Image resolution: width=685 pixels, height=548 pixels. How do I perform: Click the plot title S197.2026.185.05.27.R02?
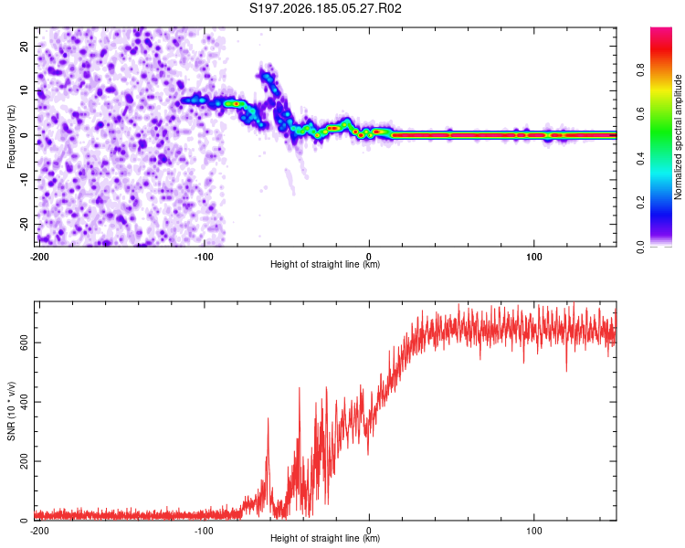(325, 8)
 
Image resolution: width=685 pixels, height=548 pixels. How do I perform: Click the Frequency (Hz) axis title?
(11, 137)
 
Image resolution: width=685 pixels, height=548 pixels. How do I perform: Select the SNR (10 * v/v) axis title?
(11, 411)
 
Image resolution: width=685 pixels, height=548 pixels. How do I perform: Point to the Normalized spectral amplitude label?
(678, 137)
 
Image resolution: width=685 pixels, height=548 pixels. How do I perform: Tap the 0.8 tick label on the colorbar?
(640, 70)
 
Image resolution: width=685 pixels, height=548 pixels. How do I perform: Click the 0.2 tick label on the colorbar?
(640, 203)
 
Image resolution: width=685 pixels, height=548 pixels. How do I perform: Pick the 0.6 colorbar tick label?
(640, 114)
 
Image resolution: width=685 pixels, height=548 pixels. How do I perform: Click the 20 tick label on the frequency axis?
(24, 47)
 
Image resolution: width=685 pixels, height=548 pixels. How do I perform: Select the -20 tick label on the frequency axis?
(24, 224)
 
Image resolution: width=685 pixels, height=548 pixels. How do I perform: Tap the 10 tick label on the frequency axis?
(24, 90)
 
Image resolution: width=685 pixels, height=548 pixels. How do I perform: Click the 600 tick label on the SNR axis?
(24, 342)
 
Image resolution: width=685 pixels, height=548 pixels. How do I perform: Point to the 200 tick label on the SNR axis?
(24, 461)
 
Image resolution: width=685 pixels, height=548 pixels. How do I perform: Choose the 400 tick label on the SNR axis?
(24, 402)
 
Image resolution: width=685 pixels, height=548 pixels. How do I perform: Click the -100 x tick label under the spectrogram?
(204, 257)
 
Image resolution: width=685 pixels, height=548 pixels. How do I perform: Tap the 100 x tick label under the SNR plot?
(534, 531)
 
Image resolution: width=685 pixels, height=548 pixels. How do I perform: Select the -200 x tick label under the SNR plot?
(39, 531)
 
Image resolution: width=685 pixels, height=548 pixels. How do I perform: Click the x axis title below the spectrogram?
(325, 264)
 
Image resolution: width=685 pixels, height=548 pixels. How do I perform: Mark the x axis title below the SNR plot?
(325, 538)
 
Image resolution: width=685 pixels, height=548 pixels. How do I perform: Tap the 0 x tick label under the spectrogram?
(369, 257)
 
